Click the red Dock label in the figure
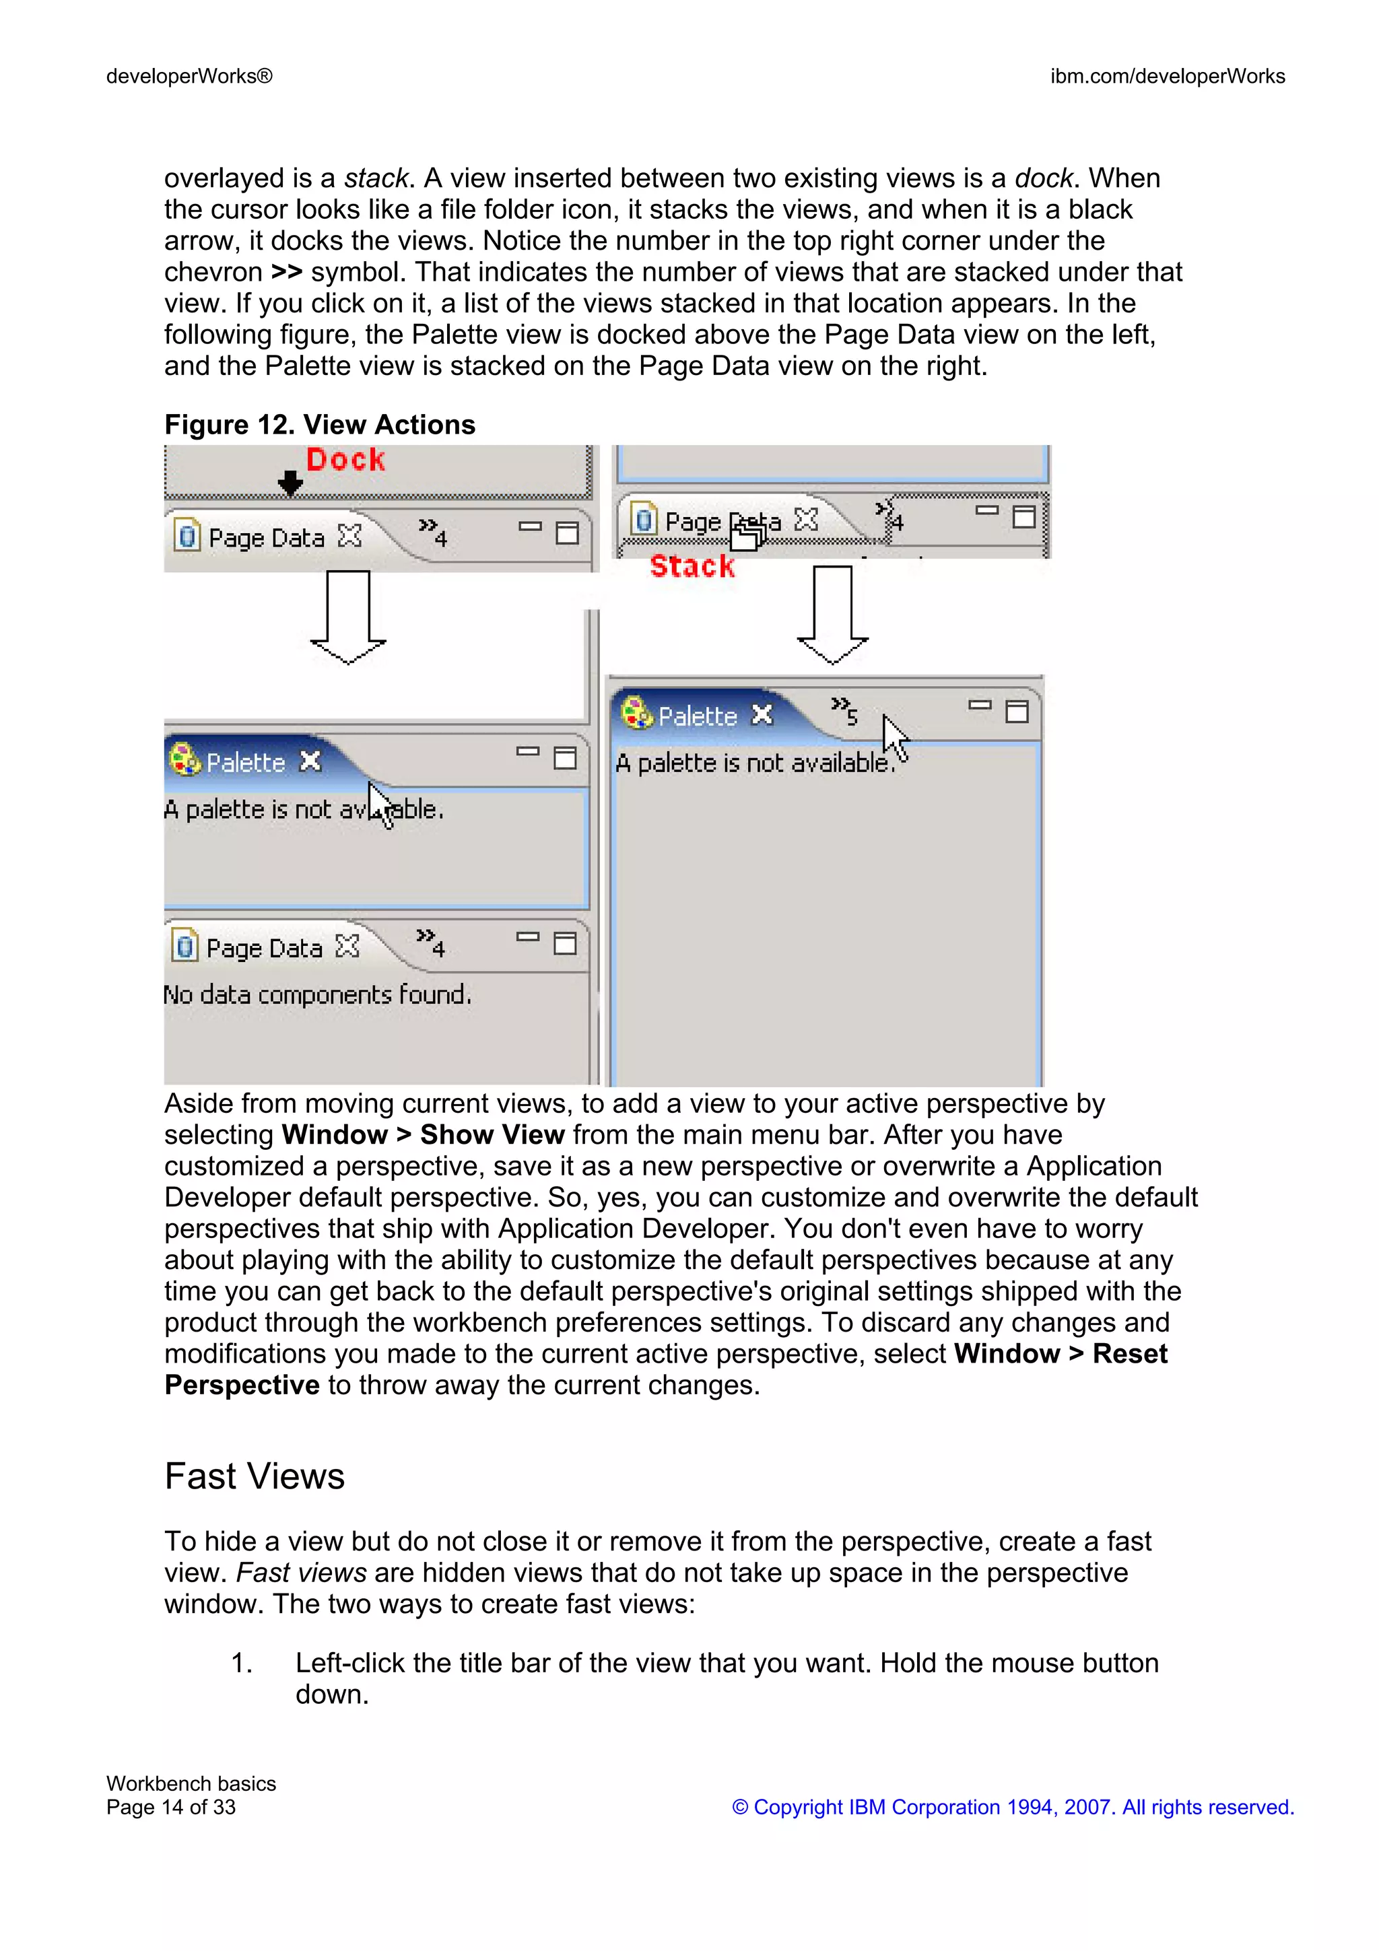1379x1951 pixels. pyautogui.click(x=345, y=460)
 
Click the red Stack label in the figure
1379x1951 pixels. pyautogui.click(x=692, y=566)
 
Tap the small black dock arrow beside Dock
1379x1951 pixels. pyautogui.click(x=290, y=483)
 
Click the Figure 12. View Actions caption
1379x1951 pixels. pyautogui.click(x=319, y=424)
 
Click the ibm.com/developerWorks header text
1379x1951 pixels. pyautogui.click(x=1167, y=77)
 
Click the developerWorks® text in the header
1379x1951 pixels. pyautogui.click(x=189, y=77)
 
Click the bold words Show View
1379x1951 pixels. pyautogui.click(x=492, y=1134)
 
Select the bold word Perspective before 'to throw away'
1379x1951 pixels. pyautogui.click(x=241, y=1384)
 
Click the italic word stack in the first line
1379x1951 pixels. pyautogui.click(x=376, y=178)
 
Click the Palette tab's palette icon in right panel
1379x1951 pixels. pyautogui.click(x=636, y=713)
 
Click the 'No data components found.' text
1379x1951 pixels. pyautogui.click(x=317, y=994)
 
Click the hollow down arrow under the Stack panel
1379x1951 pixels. pyautogui.click(x=833, y=615)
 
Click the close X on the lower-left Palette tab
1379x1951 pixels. pyautogui.click(x=311, y=761)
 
